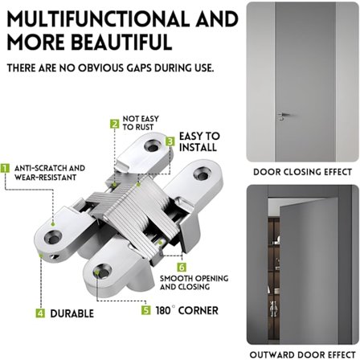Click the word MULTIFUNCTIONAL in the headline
click(97, 19)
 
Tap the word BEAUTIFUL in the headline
click(122, 42)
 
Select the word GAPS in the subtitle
click(139, 68)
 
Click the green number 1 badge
click(5, 168)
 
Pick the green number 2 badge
click(115, 124)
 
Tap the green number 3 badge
click(170, 141)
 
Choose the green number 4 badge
click(40, 313)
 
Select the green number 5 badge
click(146, 310)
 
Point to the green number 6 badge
click(182, 267)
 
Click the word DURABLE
click(72, 313)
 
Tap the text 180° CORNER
click(187, 310)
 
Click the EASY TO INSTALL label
click(199, 141)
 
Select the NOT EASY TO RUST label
click(141, 123)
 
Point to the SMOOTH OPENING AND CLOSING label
click(194, 283)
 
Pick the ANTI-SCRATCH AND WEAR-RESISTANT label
click(50, 173)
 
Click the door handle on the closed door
click(283, 116)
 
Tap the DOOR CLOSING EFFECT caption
click(303, 172)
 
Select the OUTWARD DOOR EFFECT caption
click(303, 354)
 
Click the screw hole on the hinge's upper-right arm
click(202, 174)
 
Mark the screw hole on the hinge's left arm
click(53, 237)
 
